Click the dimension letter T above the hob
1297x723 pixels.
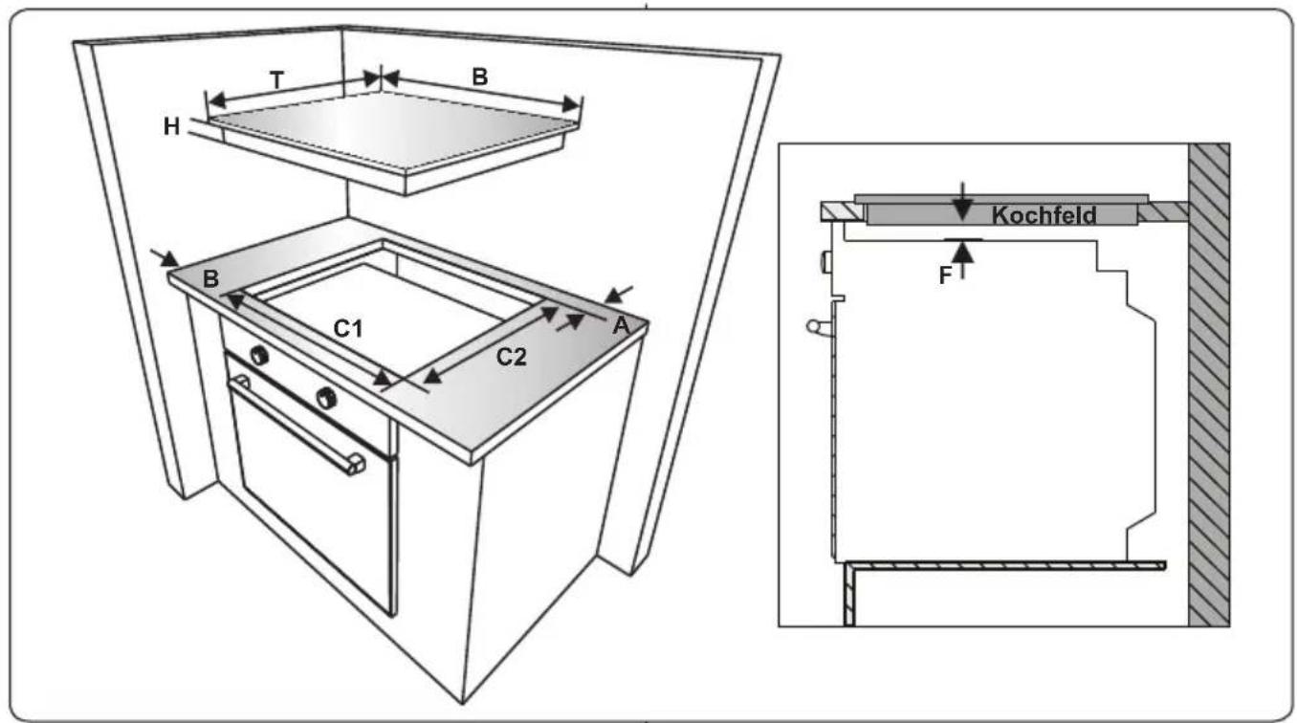click(277, 80)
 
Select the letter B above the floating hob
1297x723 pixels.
click(479, 77)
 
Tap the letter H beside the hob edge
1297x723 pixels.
click(171, 126)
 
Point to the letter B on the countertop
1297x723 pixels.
click(210, 279)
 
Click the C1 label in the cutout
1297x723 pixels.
click(348, 329)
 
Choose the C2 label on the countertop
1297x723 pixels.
click(512, 357)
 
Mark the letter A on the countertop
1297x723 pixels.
click(621, 326)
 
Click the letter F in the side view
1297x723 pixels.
click(945, 275)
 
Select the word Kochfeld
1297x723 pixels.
click(1044, 215)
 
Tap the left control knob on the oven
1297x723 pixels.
click(259, 355)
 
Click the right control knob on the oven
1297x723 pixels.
click(326, 398)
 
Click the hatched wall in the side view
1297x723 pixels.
click(1209, 385)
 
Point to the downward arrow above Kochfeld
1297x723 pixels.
click(962, 202)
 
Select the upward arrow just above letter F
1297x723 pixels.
click(962, 260)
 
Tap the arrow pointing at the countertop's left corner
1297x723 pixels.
click(165, 259)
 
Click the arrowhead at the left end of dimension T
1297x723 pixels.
click(216, 101)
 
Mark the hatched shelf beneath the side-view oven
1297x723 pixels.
click(1004, 565)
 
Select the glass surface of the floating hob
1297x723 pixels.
click(394, 130)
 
